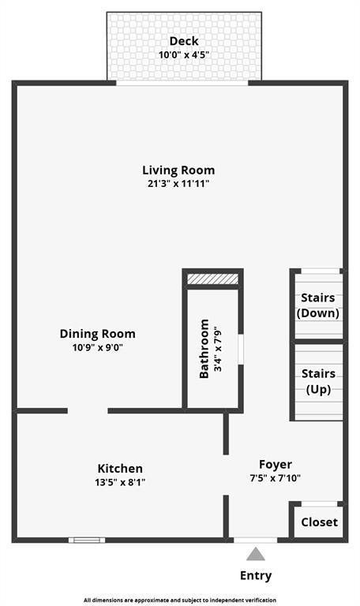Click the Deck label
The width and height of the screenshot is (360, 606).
tap(184, 41)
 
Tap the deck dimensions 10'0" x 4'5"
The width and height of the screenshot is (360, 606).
tap(184, 54)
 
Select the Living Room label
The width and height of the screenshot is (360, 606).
tap(178, 170)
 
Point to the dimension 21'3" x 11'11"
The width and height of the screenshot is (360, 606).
tap(178, 183)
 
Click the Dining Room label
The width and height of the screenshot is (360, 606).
tap(97, 334)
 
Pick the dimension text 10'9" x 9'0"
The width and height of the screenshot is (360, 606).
tap(97, 347)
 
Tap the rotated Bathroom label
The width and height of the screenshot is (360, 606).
tap(204, 349)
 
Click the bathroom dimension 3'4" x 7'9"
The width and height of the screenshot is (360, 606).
tap(218, 349)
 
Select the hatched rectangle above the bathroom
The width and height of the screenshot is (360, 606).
tap(212, 279)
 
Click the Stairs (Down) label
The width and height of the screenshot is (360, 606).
tap(318, 305)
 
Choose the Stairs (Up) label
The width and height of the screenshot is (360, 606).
tap(318, 381)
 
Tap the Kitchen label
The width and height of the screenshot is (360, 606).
tap(120, 469)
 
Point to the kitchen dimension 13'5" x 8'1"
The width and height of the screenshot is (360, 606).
tap(120, 482)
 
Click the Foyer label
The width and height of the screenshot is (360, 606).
tap(276, 465)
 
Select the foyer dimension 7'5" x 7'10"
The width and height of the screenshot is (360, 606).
tap(276, 478)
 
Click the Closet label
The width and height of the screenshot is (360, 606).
tap(320, 522)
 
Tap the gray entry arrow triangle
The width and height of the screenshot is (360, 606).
tap(256, 554)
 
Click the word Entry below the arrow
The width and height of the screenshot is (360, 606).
tap(256, 575)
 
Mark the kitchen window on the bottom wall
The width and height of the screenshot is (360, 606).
tap(87, 540)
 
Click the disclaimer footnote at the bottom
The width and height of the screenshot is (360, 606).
tap(180, 600)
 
